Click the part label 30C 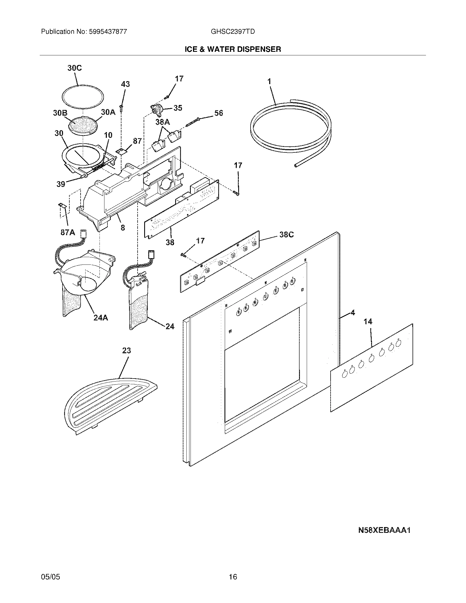tap(75, 68)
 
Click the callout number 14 tap(368, 322)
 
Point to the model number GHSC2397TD tap(232, 32)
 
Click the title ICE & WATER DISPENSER tap(233, 49)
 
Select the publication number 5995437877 tap(108, 32)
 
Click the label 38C tap(286, 234)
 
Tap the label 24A tap(101, 318)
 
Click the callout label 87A tap(68, 232)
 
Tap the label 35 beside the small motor tap(178, 108)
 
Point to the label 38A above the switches tap(163, 121)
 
